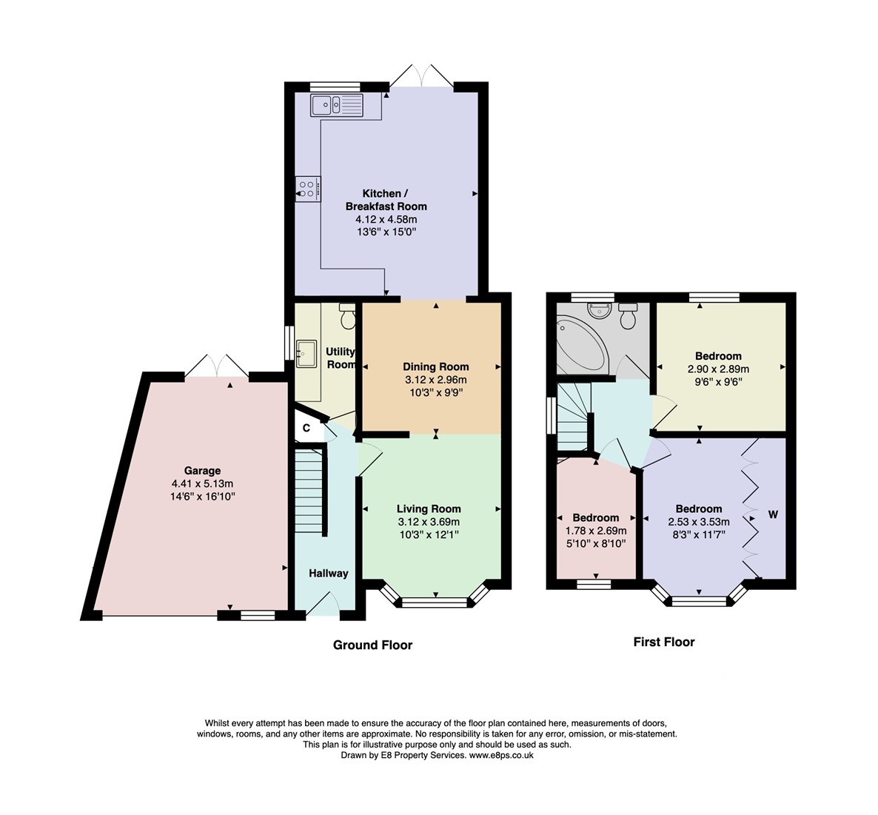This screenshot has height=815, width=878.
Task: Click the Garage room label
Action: tap(202, 471)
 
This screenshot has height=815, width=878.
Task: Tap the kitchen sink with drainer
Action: tap(337, 105)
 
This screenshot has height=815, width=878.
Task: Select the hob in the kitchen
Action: tap(309, 189)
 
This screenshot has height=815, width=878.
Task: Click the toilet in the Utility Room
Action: tap(348, 317)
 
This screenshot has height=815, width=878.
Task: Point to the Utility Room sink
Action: tap(306, 354)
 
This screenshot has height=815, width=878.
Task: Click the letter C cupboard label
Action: tap(306, 428)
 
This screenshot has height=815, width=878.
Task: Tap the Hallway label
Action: tap(329, 573)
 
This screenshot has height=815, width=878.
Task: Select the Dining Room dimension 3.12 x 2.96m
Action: tap(436, 380)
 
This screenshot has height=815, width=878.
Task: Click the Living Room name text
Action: tap(429, 509)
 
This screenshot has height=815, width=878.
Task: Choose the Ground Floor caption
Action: tap(373, 645)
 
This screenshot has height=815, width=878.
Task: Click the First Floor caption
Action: tap(664, 642)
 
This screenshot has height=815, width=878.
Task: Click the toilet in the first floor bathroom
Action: tap(628, 316)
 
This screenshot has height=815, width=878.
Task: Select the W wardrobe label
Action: tap(774, 514)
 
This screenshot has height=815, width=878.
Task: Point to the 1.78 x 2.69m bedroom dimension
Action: tap(596, 531)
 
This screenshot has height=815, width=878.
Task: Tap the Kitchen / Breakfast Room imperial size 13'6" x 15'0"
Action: tap(387, 232)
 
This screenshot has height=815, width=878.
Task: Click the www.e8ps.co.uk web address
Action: tap(501, 755)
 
